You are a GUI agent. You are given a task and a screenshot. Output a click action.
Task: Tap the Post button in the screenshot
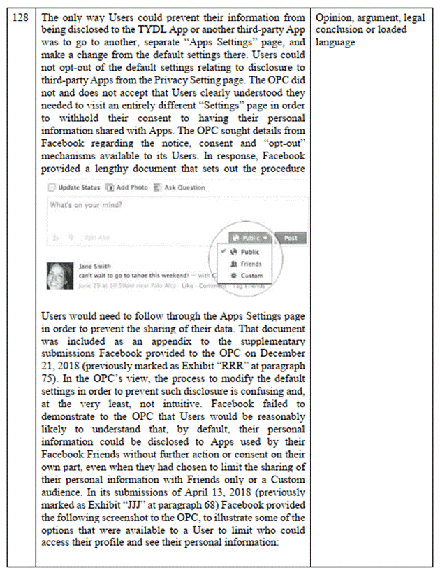coord(291,238)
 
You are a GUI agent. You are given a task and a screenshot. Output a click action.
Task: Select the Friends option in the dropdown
coord(249,264)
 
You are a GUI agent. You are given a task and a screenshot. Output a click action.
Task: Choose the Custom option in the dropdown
coord(249,276)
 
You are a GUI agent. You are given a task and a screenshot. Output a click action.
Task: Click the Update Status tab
coord(74,187)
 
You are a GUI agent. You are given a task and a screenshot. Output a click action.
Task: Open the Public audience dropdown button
coord(249,238)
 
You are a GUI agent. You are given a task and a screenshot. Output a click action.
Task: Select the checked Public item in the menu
coord(249,252)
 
